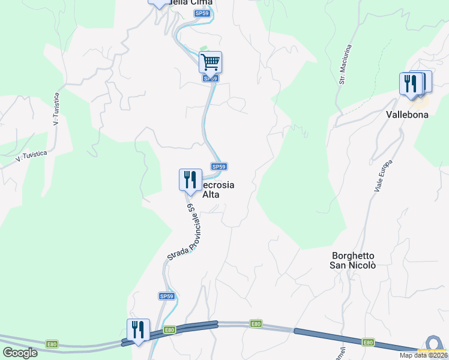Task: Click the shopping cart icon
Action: coord(210,62)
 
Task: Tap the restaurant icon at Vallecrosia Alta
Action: coord(190,179)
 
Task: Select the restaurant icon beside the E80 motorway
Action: coord(138,329)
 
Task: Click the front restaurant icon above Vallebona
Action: coord(411,83)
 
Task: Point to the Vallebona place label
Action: coord(407,114)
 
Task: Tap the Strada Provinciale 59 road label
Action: coord(190,233)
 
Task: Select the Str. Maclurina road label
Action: coord(345,62)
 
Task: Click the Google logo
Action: coord(20,353)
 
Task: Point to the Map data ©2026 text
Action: coord(423,355)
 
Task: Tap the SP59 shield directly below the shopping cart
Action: coord(209,79)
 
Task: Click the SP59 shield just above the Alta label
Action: coord(218,167)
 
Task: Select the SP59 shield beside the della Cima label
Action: coord(201,13)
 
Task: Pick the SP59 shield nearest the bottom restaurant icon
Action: coord(167,296)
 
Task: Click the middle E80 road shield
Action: coord(256,324)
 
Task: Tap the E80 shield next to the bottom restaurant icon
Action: coord(169,329)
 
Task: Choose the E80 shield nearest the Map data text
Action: coord(368,342)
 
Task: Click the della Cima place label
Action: coord(191,2)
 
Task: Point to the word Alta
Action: coord(211,194)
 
